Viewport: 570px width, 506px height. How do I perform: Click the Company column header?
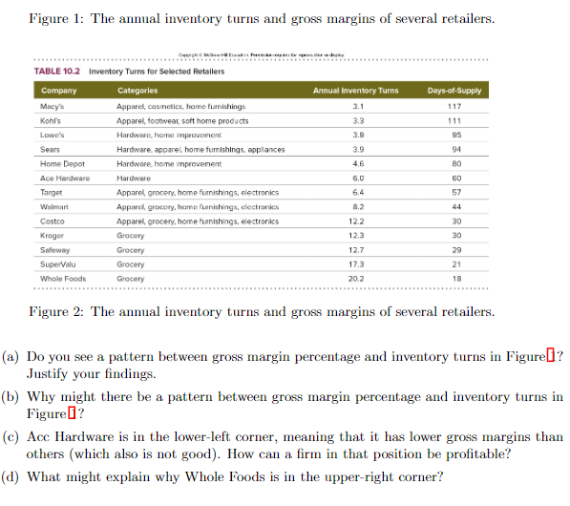coord(59,91)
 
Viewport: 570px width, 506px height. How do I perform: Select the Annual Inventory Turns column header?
coord(356,91)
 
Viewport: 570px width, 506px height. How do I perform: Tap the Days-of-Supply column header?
coord(454,91)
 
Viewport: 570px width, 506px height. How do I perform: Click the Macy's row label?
coord(53,107)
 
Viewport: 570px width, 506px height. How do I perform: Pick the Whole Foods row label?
coord(63,279)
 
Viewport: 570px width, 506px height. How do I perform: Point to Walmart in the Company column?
coord(54,206)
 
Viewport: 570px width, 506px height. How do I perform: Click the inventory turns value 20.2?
coord(357,279)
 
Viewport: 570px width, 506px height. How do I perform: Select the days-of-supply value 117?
coord(454,107)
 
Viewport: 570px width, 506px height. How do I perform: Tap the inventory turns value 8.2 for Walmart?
coord(357,206)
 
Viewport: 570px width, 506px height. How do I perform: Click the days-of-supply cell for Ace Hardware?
coord(454,178)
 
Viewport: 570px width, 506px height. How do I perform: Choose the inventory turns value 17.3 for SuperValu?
coord(357,264)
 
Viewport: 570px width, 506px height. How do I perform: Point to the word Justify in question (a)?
coord(50,373)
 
